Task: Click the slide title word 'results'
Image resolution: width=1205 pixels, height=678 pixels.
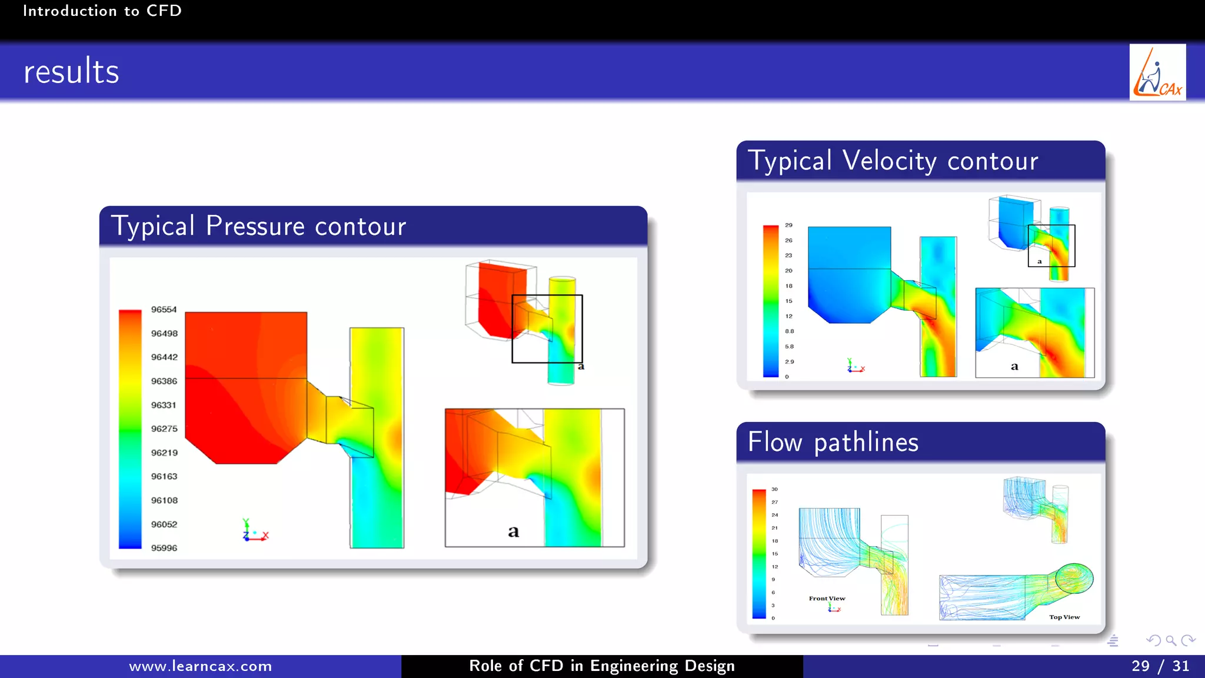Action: point(71,72)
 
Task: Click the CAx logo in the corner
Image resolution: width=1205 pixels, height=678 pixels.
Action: point(1157,72)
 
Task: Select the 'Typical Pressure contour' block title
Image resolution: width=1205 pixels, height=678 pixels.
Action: point(259,226)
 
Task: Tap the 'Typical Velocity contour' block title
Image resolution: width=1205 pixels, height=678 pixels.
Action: point(893,161)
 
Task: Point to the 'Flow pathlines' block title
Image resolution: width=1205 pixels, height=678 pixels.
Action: point(833,442)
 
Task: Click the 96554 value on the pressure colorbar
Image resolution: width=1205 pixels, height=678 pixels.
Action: point(164,310)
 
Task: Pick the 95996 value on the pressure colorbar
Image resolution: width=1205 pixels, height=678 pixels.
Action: point(164,548)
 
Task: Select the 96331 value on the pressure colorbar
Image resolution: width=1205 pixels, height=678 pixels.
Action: point(164,405)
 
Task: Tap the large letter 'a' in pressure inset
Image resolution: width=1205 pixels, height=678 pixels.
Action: point(514,531)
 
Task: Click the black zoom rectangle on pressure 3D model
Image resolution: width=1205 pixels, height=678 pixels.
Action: point(547,328)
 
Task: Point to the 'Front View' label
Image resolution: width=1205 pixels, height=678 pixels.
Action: point(827,599)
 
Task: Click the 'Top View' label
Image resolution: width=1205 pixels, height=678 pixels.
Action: point(1064,617)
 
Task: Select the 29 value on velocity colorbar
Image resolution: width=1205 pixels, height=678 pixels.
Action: point(788,225)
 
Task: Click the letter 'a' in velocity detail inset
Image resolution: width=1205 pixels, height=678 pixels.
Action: point(1014,366)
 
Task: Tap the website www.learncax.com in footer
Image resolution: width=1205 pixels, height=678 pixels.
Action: point(200,666)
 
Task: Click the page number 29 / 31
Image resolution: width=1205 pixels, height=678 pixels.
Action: point(1160,666)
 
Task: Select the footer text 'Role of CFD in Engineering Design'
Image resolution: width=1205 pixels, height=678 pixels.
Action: point(602,666)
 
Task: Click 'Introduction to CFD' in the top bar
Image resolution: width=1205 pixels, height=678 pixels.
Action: point(102,11)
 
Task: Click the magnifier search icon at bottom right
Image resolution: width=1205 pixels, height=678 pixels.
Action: point(1171,640)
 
